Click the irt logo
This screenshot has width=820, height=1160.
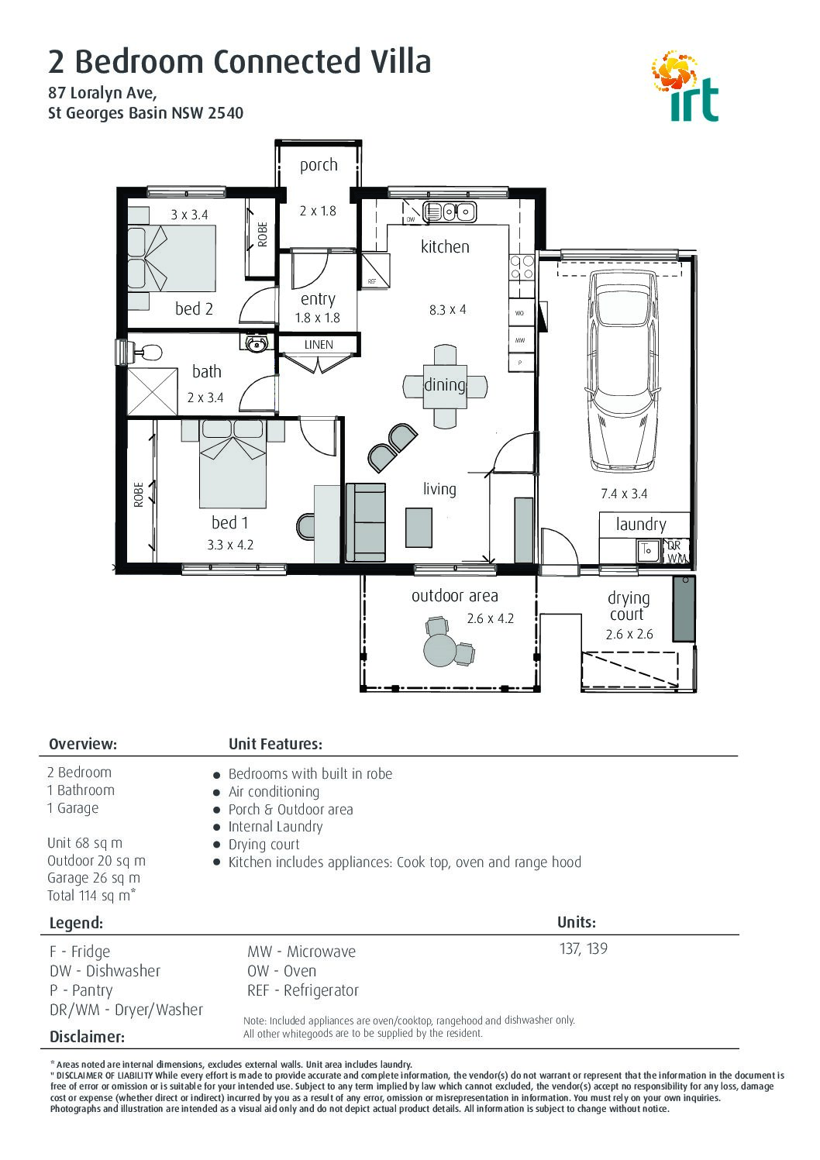tap(685, 86)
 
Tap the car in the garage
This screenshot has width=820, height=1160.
tap(624, 370)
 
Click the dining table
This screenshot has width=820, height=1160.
tap(445, 387)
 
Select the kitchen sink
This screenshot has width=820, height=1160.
tap(450, 212)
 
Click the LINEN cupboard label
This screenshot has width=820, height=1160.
tap(319, 344)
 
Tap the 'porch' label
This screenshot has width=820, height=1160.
tap(319, 165)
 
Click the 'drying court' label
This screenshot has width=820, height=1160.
tap(629, 606)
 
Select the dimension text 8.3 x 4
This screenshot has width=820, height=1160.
tap(447, 310)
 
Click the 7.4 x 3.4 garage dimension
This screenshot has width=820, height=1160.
tap(624, 494)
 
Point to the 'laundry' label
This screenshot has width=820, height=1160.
tap(641, 525)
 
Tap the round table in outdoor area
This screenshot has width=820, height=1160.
tap(439, 649)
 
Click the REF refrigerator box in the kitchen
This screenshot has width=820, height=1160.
tap(376, 270)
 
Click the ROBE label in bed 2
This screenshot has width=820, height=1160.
tap(263, 235)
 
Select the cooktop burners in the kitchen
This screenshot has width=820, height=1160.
tap(522, 267)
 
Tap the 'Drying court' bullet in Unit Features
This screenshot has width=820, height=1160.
tap(264, 844)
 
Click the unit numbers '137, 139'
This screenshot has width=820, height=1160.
tap(584, 948)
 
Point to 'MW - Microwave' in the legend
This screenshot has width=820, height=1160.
tap(301, 952)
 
